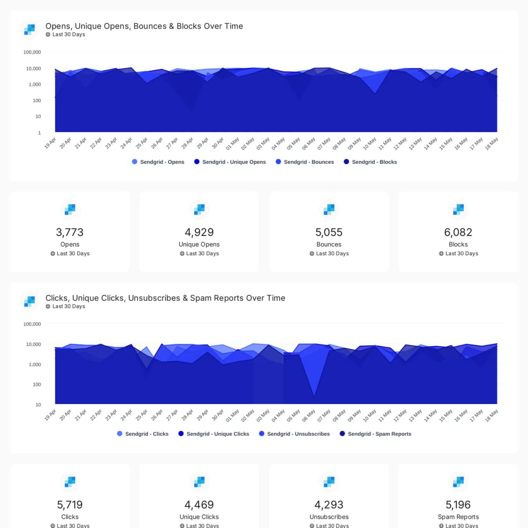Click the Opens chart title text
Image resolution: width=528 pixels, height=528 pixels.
(x=144, y=26)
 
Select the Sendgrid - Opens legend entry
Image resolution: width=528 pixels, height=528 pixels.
(x=158, y=162)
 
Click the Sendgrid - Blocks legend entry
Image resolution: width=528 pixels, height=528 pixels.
(x=370, y=162)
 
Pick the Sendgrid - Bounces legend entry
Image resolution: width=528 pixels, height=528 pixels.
(x=304, y=162)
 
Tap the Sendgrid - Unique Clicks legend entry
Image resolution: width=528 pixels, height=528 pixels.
(x=214, y=434)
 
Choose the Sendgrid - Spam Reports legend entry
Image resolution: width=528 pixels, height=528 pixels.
(x=376, y=434)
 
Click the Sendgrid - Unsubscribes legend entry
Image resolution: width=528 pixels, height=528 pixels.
(x=294, y=434)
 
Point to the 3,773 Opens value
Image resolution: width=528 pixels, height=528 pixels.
(x=70, y=232)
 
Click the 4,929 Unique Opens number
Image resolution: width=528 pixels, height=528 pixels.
(x=199, y=232)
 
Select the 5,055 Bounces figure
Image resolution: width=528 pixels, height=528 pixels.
(x=329, y=232)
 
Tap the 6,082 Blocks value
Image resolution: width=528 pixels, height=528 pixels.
(x=458, y=232)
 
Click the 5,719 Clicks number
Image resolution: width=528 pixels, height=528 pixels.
(x=70, y=505)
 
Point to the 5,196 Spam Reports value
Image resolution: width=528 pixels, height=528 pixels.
(x=458, y=505)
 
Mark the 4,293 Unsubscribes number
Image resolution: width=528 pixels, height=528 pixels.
(x=329, y=505)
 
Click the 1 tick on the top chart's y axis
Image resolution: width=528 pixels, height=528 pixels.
(x=40, y=132)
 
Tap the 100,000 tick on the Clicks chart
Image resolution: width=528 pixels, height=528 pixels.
(x=32, y=324)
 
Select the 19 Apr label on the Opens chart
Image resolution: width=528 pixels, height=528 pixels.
(x=50, y=143)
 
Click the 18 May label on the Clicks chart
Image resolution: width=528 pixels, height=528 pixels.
(x=491, y=415)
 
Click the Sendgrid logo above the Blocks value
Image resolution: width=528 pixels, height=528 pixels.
(x=458, y=209)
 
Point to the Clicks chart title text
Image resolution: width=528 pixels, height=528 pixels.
(x=165, y=298)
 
